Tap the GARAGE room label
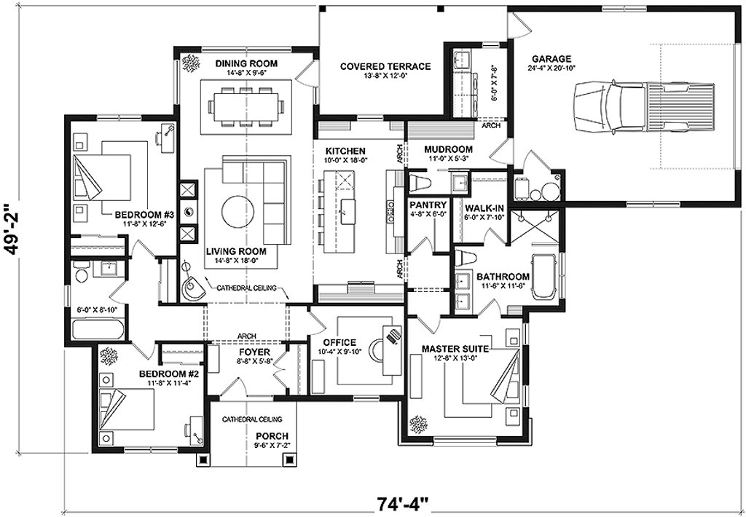coord(551,59)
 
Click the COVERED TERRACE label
coord(385,66)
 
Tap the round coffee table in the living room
coord(241,213)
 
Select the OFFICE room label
coord(339,342)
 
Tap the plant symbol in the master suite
coord(420,423)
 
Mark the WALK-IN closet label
coord(481,208)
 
